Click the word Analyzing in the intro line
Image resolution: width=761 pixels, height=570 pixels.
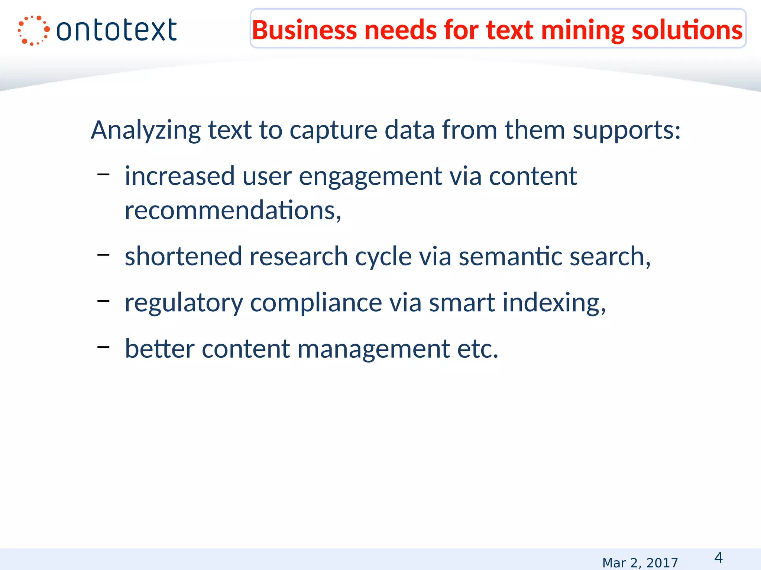[146, 131]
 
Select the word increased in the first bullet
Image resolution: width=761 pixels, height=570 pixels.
[180, 176]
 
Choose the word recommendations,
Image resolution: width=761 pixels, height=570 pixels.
[233, 210]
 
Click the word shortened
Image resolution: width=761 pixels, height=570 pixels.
[184, 256]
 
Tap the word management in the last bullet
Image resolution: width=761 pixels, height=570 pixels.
[374, 349]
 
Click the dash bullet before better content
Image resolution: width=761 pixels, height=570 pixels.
[103, 347]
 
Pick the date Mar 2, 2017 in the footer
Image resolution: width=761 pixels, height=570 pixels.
[640, 563]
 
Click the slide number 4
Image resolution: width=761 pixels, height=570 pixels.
[718, 558]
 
